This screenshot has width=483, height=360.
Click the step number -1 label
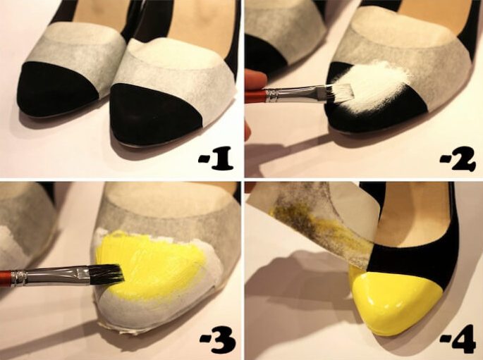pyautogui.click(x=216, y=159)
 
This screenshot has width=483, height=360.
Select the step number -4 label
pyautogui.click(x=458, y=342)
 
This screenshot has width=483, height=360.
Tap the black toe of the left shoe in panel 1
pyautogui.click(x=56, y=89)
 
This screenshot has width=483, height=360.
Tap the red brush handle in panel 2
pyautogui.click(x=255, y=96)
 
